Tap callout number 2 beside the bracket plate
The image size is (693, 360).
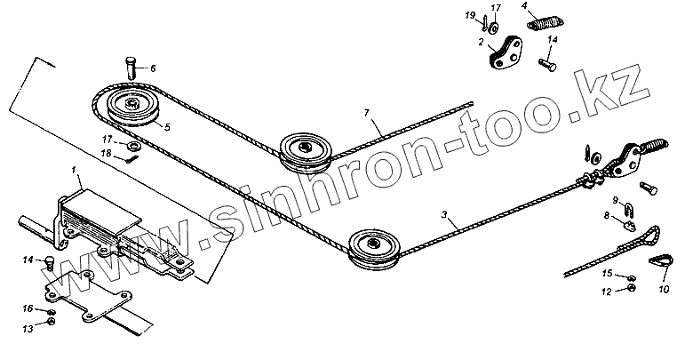481,42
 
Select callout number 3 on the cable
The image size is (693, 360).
443,214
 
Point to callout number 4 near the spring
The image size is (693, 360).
526,7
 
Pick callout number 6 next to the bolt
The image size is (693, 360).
151,68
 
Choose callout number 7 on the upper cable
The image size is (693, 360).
365,113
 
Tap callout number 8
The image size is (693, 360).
608,214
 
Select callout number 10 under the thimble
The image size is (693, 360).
663,289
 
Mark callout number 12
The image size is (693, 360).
606,290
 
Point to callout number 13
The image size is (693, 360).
28,328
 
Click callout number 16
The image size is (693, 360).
28,308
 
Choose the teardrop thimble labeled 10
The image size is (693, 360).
657,262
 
